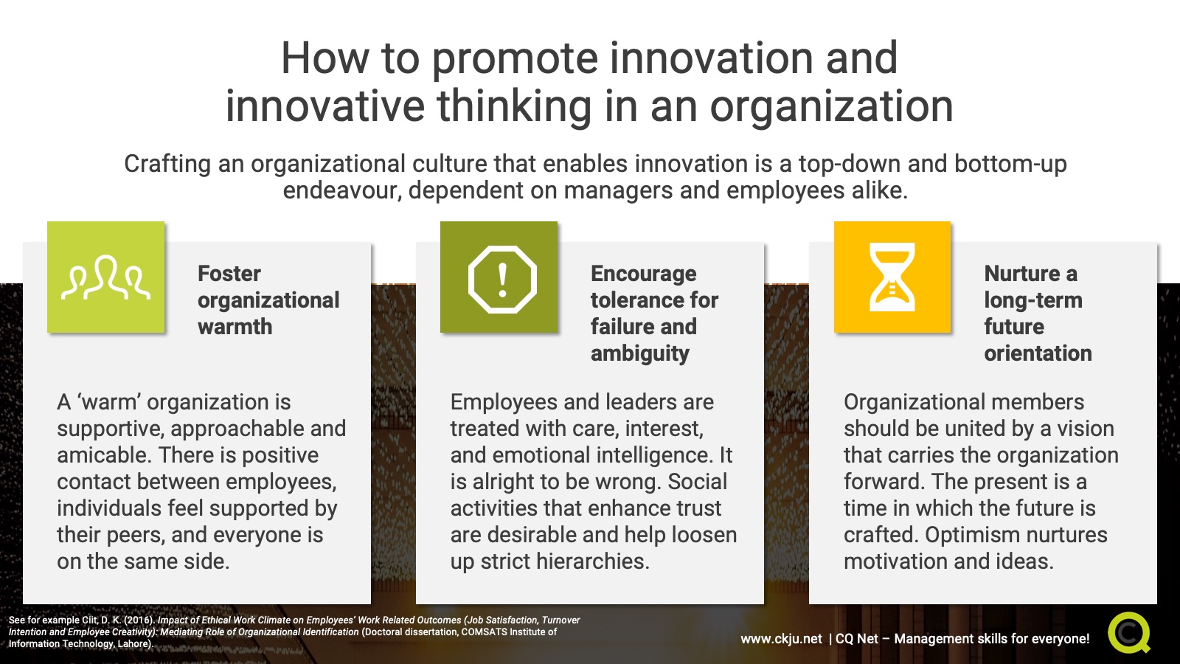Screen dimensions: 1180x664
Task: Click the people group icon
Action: (105, 277)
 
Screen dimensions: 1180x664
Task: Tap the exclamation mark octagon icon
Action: (502, 280)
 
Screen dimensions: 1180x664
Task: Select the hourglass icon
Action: (892, 277)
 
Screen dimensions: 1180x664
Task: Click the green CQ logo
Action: (1128, 632)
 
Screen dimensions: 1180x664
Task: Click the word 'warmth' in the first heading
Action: (235, 327)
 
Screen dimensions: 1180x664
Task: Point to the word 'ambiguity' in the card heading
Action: (639, 354)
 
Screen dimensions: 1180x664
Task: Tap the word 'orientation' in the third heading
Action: (1038, 353)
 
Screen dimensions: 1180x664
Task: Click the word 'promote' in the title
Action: (516, 60)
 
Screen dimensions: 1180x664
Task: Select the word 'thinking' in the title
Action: (514, 106)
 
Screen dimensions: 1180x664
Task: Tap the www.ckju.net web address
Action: (781, 639)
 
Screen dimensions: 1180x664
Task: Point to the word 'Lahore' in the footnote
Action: (133, 644)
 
